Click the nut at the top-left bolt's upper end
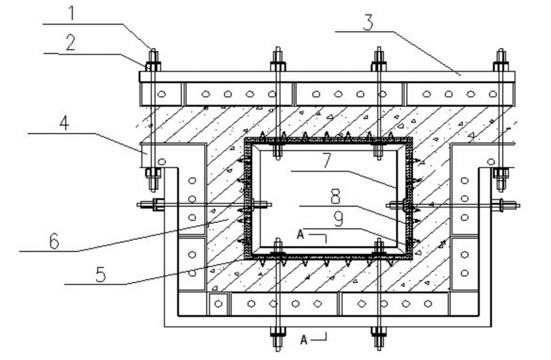pyautogui.click(x=153, y=66)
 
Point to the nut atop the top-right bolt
pyautogui.click(x=501, y=66)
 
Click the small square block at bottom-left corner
pyautogui.click(x=218, y=304)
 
